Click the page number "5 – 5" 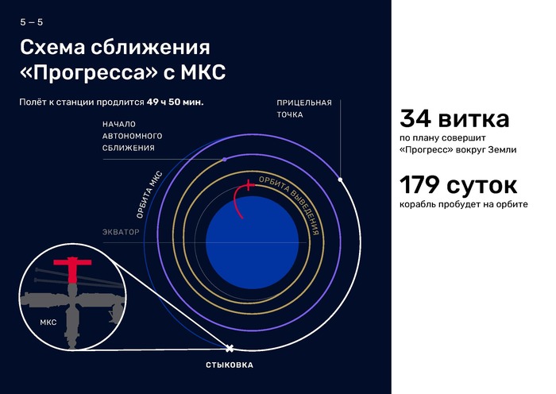(x=32, y=22)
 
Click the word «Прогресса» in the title (x=89, y=72)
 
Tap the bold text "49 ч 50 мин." (x=176, y=102)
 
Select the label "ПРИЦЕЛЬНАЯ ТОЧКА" (x=304, y=109)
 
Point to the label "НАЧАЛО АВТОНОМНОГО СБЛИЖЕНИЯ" (x=133, y=136)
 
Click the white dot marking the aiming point (x=341, y=180)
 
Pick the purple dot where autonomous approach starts (x=225, y=160)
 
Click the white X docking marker (x=230, y=348)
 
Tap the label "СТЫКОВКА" (x=230, y=365)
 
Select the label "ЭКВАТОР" (x=121, y=232)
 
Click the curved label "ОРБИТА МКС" (x=149, y=195)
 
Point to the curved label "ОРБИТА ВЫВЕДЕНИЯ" (x=291, y=203)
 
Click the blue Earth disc (x=252, y=242)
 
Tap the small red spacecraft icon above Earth (x=249, y=185)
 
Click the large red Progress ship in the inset (x=72, y=268)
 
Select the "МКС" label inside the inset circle (x=48, y=323)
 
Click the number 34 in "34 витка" (x=415, y=118)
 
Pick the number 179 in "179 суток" (x=419, y=185)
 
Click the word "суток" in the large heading (x=482, y=186)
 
